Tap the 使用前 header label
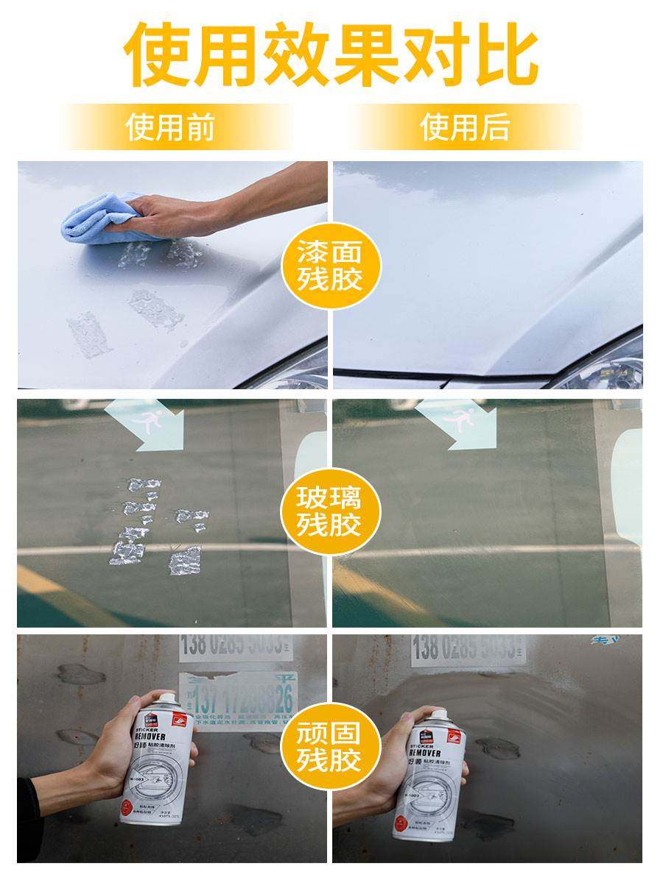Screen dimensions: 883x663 pyautogui.click(x=170, y=127)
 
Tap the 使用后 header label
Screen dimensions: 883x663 pyautogui.click(x=465, y=127)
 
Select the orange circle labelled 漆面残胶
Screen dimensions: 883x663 pyautogui.click(x=330, y=266)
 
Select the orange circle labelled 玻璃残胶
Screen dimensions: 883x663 pyautogui.click(x=330, y=511)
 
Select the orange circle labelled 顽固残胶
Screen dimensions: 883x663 pyautogui.click(x=330, y=746)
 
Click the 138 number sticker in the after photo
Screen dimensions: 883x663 pyautogui.click(x=468, y=649)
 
